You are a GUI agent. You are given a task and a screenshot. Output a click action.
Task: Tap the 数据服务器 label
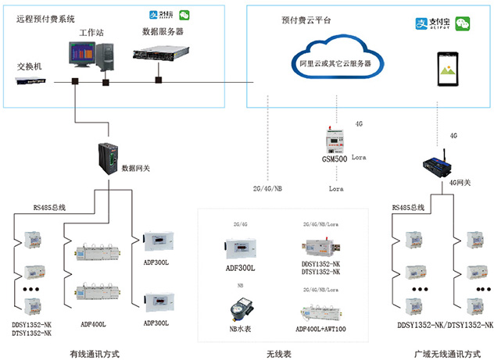tap(163, 32)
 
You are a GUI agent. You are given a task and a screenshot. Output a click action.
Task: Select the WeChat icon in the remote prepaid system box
tap(184, 15)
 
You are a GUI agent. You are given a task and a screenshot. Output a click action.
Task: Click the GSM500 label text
tap(335, 159)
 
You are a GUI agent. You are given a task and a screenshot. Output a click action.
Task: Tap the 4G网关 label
tap(460, 182)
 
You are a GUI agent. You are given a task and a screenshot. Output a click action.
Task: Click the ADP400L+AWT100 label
tap(320, 329)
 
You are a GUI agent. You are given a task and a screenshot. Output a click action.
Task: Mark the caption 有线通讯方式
tap(93, 353)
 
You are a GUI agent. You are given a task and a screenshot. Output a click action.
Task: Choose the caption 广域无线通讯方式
tap(447, 353)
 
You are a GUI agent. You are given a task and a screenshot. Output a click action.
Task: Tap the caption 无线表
tap(279, 353)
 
